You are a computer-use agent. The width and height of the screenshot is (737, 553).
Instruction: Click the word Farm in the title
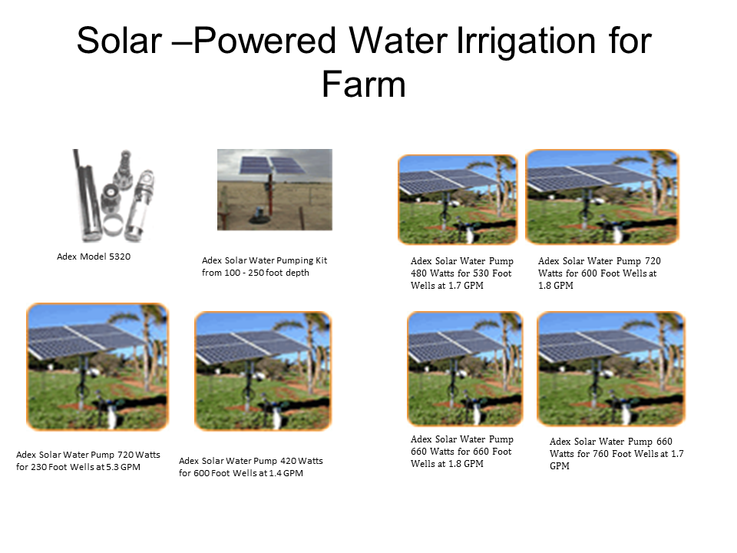click(x=363, y=84)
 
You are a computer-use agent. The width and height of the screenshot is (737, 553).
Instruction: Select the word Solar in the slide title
click(x=120, y=41)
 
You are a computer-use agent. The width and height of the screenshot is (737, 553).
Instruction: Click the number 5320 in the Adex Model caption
click(x=120, y=257)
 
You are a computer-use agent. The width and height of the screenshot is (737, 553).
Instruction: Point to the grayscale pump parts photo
click(x=114, y=195)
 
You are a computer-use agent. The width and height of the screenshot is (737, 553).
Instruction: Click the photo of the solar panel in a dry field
click(x=275, y=190)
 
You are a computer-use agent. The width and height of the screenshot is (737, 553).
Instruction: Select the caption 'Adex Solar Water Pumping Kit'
click(x=264, y=260)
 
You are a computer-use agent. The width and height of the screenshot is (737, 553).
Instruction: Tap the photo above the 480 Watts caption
click(x=458, y=200)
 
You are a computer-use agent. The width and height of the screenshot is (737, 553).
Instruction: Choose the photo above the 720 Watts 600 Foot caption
click(x=602, y=197)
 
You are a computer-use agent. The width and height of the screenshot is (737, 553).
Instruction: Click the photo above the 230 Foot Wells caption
click(x=97, y=367)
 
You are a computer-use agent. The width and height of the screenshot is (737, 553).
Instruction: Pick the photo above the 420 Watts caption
click(x=263, y=371)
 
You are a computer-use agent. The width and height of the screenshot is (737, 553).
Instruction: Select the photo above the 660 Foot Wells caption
click(x=465, y=369)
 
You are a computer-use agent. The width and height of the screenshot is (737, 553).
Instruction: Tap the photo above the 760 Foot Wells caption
click(x=611, y=369)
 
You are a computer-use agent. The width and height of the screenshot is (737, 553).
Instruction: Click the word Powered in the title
click(x=265, y=41)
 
